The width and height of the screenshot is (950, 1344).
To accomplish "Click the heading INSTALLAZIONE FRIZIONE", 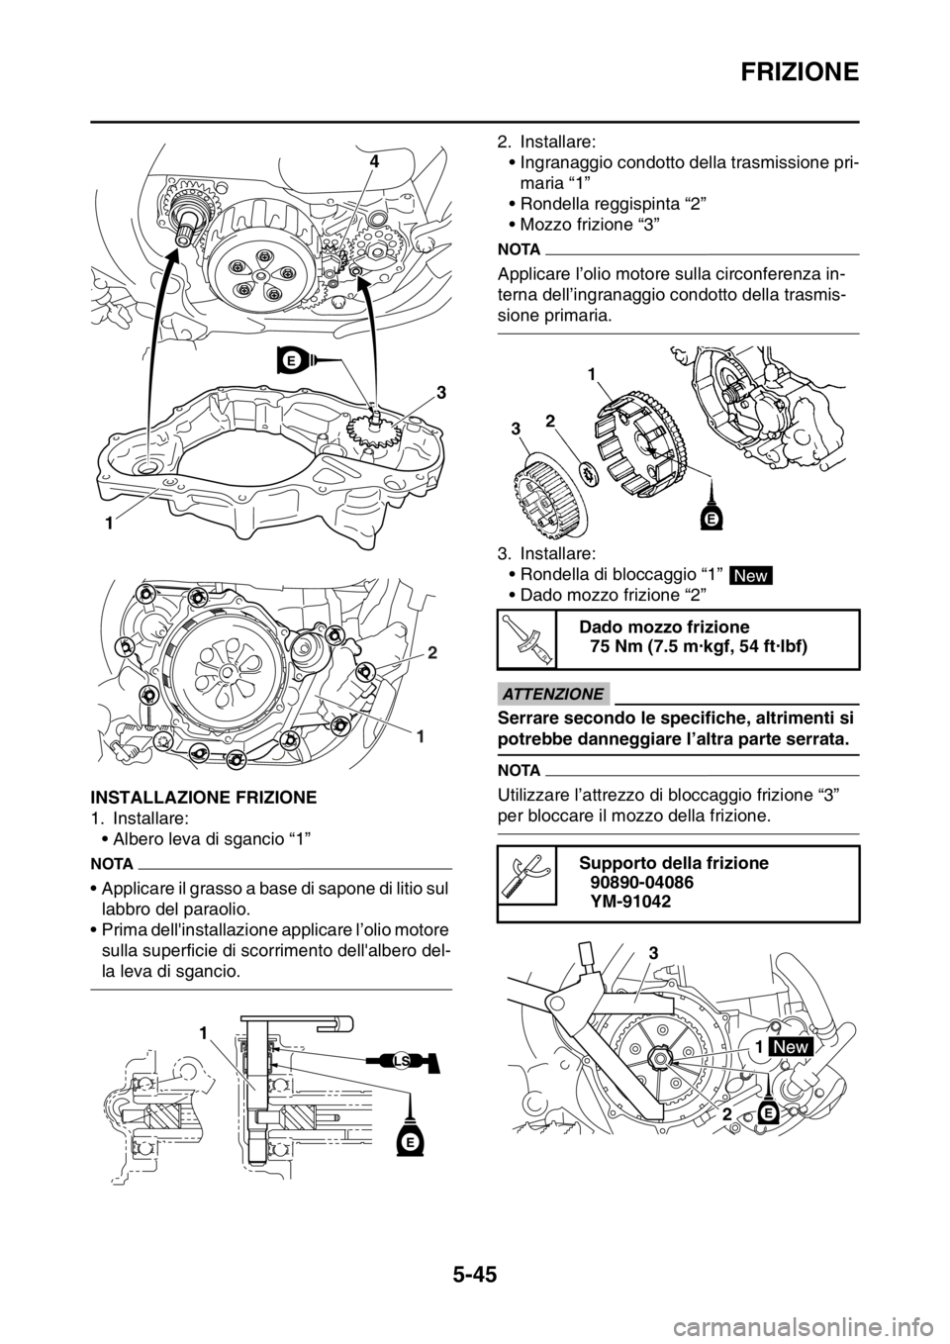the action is tap(203, 798).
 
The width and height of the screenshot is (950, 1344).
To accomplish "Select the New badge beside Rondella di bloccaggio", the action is tap(750, 575).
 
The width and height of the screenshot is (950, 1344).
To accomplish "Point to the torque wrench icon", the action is tap(527, 639).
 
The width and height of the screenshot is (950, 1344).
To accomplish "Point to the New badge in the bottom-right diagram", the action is tap(791, 1047).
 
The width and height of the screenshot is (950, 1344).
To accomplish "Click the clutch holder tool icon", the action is tap(527, 877).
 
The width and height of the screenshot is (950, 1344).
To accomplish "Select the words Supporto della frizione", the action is tap(674, 863).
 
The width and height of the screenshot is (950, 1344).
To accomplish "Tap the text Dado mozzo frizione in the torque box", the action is tap(664, 627).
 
